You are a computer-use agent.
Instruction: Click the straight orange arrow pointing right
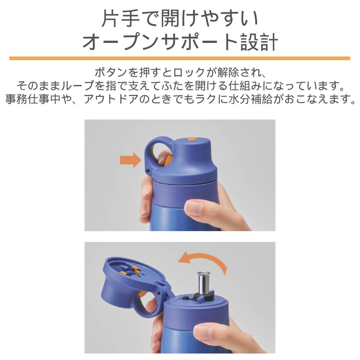(x=130, y=160)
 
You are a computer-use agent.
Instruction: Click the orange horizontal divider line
(x=180, y=58)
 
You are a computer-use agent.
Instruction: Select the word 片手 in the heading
(x=121, y=18)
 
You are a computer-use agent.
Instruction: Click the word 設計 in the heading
(x=259, y=42)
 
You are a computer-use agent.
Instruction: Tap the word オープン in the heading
(x=121, y=42)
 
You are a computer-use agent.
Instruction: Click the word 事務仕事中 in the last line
(x=33, y=99)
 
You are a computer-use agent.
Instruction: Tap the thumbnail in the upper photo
(x=195, y=208)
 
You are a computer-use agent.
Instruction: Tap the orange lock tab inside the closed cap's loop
(x=168, y=160)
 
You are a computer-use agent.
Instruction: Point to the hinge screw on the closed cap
(x=148, y=170)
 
